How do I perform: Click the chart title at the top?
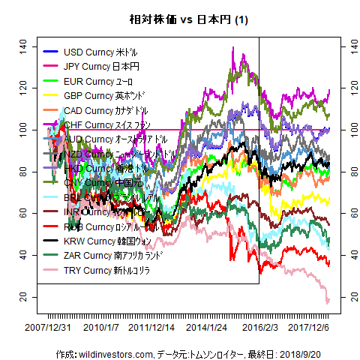[x=180, y=20]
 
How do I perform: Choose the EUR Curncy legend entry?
[x=98, y=81]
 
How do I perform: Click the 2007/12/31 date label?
[x=48, y=328]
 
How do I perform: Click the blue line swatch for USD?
[x=51, y=52]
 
